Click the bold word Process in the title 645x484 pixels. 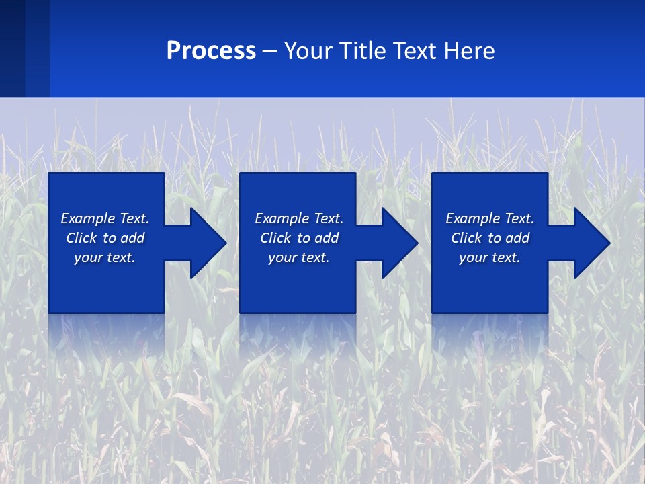coord(211,51)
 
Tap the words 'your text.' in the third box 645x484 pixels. coord(489,257)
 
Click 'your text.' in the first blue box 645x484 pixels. coord(105,257)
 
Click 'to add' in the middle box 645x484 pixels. coord(317,238)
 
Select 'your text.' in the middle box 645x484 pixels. coord(298,257)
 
